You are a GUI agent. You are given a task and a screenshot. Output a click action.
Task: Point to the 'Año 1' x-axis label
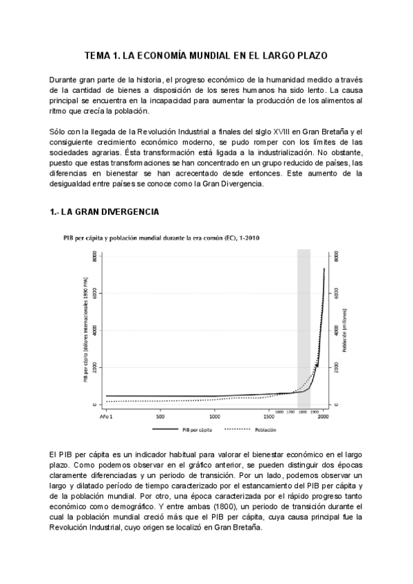point(105,416)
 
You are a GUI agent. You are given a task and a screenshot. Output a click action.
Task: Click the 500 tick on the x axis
point(160,416)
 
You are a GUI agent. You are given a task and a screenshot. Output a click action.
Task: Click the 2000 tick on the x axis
point(323,416)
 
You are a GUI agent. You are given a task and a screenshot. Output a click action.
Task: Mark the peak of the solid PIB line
point(324,269)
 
